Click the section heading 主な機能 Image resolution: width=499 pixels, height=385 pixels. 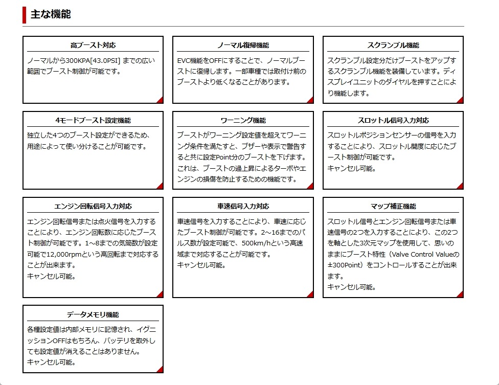coord(51,14)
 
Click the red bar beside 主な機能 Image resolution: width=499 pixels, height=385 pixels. coord(24,14)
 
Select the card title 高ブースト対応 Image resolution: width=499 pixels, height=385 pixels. coord(93,45)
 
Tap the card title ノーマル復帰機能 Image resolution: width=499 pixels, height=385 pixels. coord(243,45)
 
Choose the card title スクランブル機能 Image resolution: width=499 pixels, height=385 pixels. coord(393,45)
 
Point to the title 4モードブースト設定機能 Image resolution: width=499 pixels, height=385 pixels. coord(93,121)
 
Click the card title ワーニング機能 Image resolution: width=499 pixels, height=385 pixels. coord(243,121)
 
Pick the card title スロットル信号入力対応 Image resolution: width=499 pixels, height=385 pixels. coord(393,121)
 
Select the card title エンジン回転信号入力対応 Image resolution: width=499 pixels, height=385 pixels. coord(93,207)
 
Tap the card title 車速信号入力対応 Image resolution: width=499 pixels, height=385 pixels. coord(243,207)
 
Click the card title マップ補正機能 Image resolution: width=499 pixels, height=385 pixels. coord(393,207)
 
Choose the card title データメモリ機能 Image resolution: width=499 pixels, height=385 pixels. coord(93,314)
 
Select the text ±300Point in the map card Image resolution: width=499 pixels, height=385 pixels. coord(346,265)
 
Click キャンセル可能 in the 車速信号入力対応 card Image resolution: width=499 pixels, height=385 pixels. coord(201,265)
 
